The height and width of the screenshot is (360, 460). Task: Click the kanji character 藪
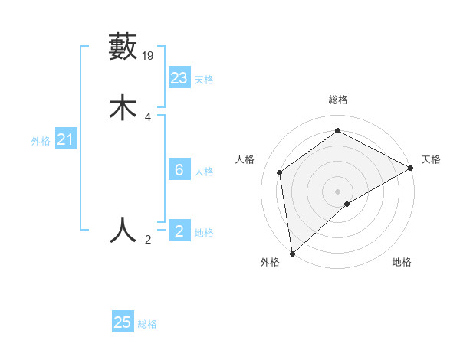[x=123, y=47]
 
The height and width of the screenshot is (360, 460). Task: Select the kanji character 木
[x=123, y=108]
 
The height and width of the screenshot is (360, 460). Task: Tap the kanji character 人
[x=123, y=229]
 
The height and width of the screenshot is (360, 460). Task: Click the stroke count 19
[x=149, y=55]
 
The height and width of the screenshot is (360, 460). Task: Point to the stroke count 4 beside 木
[x=148, y=117]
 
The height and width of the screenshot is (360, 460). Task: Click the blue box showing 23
[x=179, y=78]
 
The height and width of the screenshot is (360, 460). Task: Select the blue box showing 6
[x=179, y=170]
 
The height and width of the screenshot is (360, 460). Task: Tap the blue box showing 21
[x=65, y=139]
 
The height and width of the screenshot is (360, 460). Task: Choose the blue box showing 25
[x=123, y=322]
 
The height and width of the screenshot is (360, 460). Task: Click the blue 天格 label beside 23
[x=204, y=80]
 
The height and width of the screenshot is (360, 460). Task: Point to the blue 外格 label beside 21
[x=41, y=141]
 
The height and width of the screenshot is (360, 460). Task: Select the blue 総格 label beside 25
[x=147, y=324]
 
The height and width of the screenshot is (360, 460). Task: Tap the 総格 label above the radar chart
[x=338, y=100]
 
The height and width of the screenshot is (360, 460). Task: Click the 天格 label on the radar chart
[x=431, y=159]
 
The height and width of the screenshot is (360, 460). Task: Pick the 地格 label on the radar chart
[x=402, y=262]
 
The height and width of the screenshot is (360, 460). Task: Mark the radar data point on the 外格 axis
[x=291, y=253]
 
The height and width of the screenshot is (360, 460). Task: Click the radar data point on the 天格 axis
[x=411, y=168]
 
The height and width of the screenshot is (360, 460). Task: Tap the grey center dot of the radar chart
[x=338, y=191]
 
